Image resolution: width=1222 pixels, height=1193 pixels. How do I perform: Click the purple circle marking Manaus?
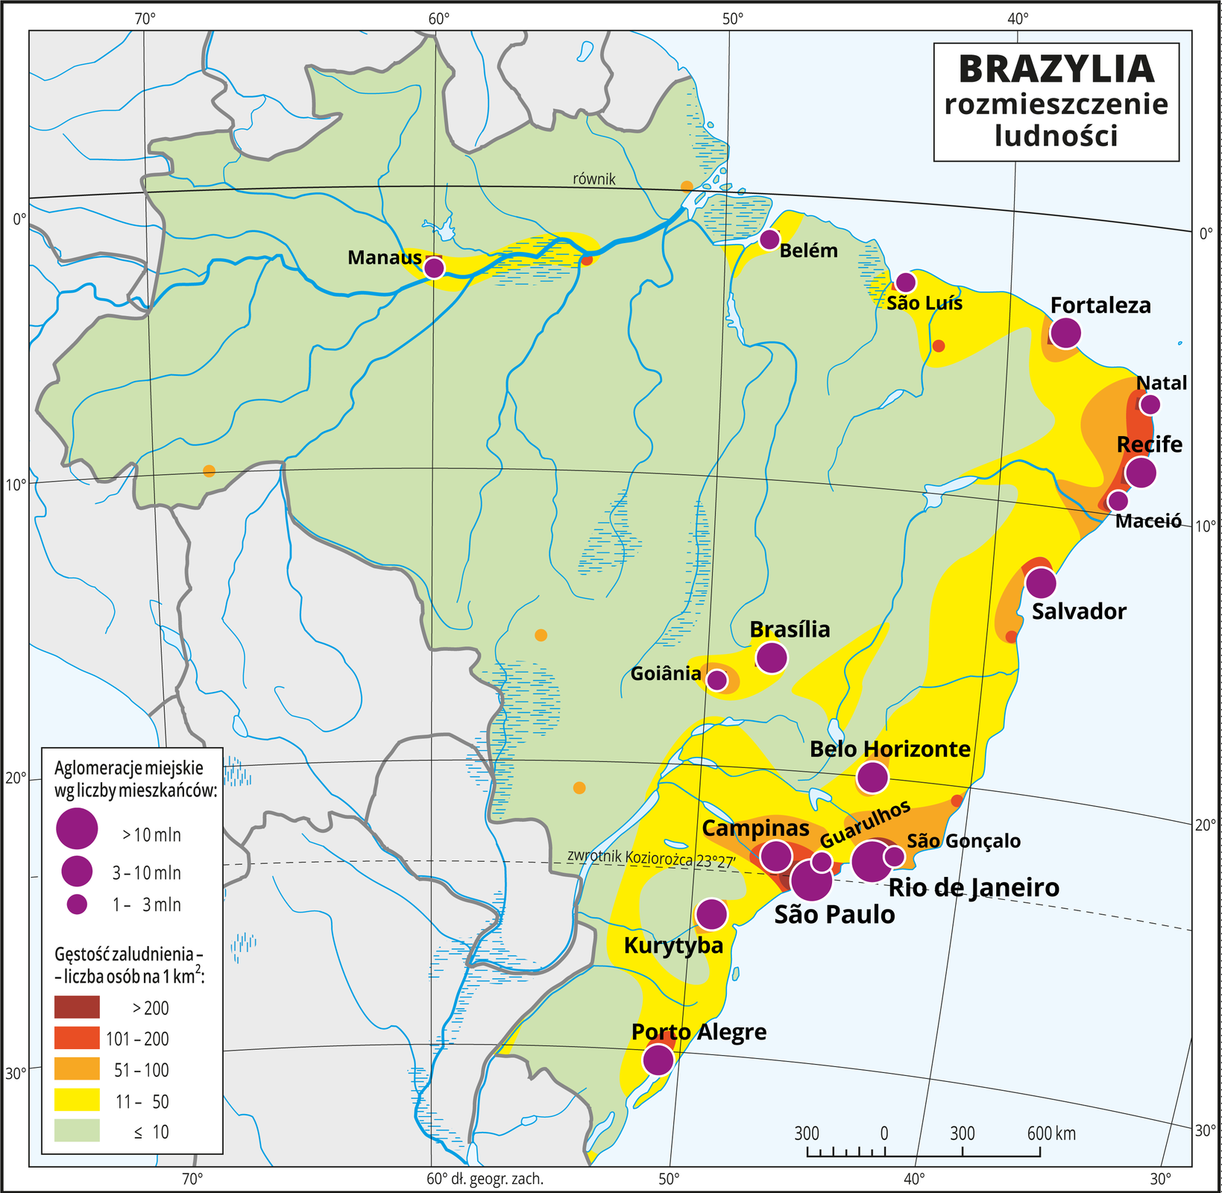434,268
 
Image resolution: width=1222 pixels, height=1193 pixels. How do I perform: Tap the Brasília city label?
790,629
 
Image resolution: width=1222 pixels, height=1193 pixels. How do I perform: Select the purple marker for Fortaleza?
1065,333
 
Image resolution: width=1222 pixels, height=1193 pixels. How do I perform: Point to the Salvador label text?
1079,611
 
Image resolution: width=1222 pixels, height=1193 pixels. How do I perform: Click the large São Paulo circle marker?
811,881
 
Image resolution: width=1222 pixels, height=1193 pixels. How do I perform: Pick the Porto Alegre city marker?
658,1059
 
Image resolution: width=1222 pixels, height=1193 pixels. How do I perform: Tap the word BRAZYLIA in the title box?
1056,69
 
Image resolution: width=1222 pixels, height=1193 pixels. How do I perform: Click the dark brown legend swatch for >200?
77,1007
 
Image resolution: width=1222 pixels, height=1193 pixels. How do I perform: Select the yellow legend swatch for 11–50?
77,1101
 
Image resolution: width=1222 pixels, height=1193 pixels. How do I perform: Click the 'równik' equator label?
593,179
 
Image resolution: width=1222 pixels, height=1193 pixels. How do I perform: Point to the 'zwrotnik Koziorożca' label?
651,858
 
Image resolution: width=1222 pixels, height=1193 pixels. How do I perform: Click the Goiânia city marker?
716,680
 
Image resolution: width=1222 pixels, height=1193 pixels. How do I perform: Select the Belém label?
808,251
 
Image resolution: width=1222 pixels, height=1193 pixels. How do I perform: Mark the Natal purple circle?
1150,405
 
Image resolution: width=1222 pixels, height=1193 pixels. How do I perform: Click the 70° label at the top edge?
145,19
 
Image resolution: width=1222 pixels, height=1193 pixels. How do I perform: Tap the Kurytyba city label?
673,946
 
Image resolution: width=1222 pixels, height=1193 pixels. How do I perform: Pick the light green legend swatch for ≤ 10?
77,1131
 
